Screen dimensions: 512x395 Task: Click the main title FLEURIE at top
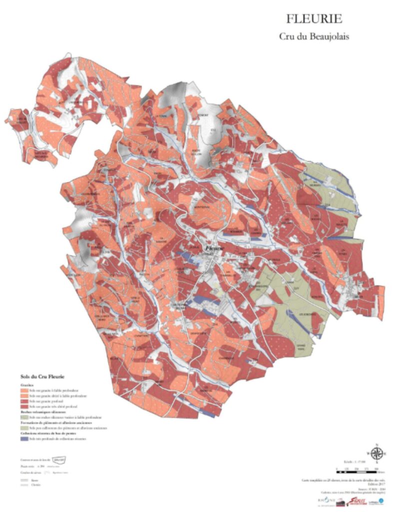point(314,19)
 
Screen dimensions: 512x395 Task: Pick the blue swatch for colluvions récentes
point(24,438)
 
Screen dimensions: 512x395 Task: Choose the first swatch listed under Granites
point(24,389)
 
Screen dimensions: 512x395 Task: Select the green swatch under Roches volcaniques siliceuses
point(24,416)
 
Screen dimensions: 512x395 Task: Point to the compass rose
point(378,454)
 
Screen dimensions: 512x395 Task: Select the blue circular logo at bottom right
point(381,500)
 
